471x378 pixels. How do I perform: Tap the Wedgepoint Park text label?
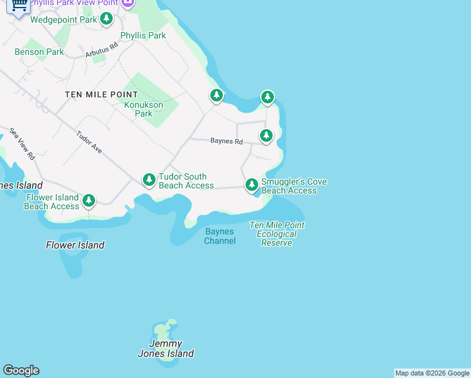pyautogui.click(x=64, y=20)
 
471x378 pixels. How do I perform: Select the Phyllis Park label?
pyautogui.click(x=143, y=35)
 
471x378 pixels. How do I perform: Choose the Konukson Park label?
pyautogui.click(x=144, y=109)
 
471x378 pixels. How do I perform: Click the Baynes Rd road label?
pyautogui.click(x=226, y=141)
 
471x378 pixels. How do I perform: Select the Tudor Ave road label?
pyautogui.click(x=89, y=142)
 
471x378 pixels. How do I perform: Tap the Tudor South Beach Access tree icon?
pyautogui.click(x=149, y=180)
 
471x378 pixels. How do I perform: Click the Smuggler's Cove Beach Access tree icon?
pyautogui.click(x=252, y=185)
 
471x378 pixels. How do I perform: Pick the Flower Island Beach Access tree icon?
pyautogui.click(x=89, y=201)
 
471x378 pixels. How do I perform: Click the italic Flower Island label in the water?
pyautogui.click(x=75, y=245)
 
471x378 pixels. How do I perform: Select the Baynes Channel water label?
pyautogui.click(x=220, y=236)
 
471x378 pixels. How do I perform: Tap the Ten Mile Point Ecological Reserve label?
pyautogui.click(x=276, y=234)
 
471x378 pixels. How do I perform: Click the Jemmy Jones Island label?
pyautogui.click(x=166, y=348)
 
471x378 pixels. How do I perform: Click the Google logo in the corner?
pyautogui.click(x=21, y=370)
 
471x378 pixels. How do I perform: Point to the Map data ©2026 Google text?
pyautogui.click(x=431, y=373)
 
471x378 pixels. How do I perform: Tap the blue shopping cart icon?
pyautogui.click(x=19, y=6)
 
